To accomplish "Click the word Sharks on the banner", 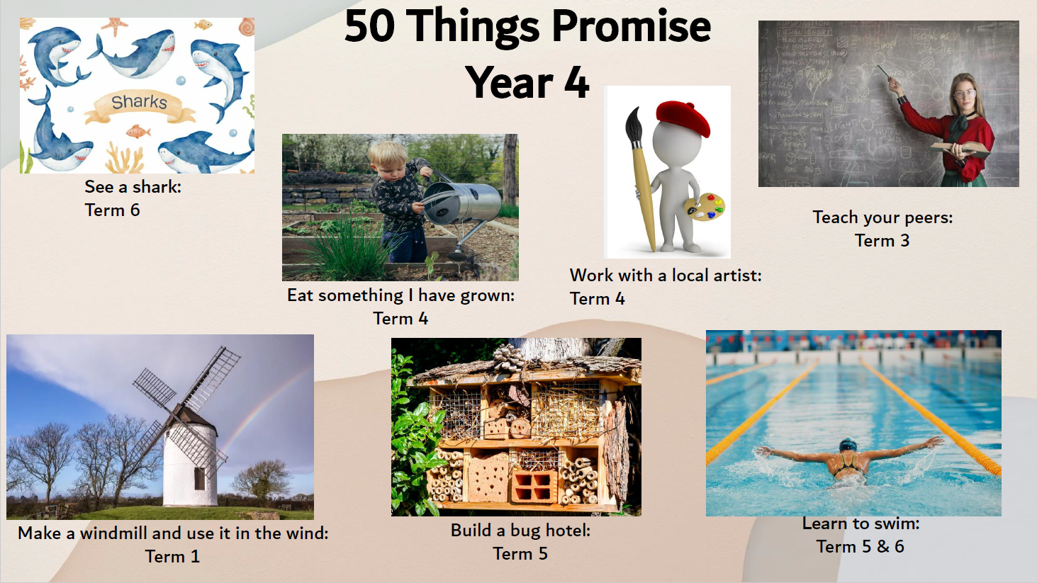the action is click(139, 101).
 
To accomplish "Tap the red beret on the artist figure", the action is click(683, 118).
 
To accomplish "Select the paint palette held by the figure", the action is click(705, 207).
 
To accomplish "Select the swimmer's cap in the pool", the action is click(848, 445).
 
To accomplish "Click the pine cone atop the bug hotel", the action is click(509, 358).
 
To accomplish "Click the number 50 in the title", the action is click(370, 27).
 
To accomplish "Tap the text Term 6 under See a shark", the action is click(112, 210).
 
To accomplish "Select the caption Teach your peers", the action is click(883, 217).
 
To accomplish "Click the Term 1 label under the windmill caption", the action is click(172, 556).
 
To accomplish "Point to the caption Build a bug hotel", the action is click(521, 531).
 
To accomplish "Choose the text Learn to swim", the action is click(861, 523).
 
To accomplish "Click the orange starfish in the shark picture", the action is click(114, 26).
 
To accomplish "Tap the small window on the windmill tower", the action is click(199, 478).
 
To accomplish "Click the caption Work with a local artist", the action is click(666, 276).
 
